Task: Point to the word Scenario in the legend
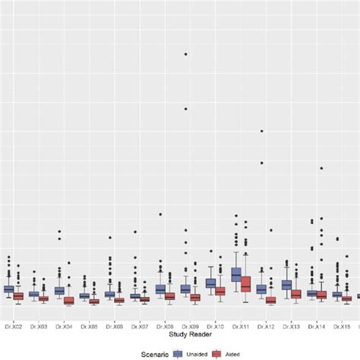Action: point(153,353)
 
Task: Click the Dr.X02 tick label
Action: point(13,326)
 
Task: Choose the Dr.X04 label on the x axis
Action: point(64,326)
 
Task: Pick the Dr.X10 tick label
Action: point(215,326)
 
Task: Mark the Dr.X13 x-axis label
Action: point(291,326)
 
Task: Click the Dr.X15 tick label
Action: point(341,326)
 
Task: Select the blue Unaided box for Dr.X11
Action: point(236,274)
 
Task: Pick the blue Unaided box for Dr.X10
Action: point(210,283)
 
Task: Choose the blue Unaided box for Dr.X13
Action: point(286,285)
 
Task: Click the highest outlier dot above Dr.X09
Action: point(185,54)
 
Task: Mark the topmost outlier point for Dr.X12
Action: point(261,131)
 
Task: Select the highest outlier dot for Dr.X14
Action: point(321,168)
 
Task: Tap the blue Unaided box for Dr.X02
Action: point(8,289)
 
